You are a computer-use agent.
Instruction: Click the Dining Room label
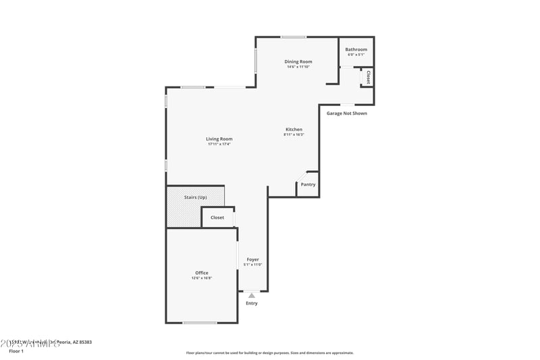298,61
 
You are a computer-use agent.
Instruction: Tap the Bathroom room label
356,49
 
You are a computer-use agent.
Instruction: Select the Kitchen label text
294,129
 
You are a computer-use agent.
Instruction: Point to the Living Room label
219,139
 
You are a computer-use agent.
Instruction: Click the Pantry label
308,184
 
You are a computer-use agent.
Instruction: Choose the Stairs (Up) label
195,197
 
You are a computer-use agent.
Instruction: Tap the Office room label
202,273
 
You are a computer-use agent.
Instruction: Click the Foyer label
252,259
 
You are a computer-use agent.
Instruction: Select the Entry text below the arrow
251,303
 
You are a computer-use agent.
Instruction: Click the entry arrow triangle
252,295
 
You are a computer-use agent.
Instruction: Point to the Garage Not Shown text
347,113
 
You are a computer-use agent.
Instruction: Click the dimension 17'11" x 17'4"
219,145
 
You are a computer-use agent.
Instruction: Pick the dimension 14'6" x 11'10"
298,67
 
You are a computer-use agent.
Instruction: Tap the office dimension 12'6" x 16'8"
202,278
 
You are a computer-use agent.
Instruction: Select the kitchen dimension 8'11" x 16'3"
294,134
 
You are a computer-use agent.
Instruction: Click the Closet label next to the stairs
217,217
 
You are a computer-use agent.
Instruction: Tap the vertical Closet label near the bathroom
368,78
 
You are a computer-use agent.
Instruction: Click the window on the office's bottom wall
200,323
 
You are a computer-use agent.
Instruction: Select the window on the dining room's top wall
294,36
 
